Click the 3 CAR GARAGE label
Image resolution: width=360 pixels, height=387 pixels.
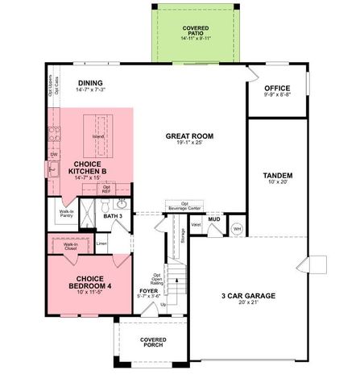click(x=247, y=296)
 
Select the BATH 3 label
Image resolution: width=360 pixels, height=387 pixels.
click(x=114, y=216)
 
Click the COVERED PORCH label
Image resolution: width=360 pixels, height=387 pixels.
click(x=152, y=342)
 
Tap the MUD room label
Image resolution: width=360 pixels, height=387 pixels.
click(x=214, y=218)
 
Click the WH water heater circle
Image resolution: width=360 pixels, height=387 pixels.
click(x=237, y=229)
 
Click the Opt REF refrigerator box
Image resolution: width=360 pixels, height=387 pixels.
click(x=106, y=190)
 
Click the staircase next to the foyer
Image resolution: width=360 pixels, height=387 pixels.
click(x=176, y=281)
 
